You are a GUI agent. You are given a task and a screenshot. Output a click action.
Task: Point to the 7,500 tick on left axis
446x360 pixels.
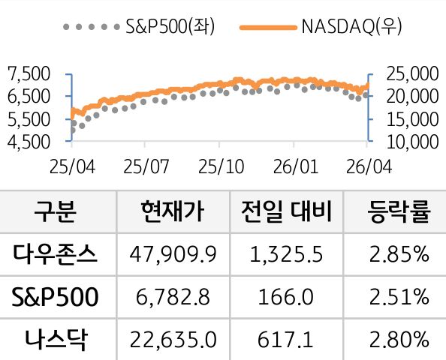point(27,73)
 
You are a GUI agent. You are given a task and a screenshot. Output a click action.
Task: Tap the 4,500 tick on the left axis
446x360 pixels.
point(27,140)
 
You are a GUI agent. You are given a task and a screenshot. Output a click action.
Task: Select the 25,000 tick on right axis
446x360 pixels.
point(409,73)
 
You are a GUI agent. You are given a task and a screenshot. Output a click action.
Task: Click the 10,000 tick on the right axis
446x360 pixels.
point(409,140)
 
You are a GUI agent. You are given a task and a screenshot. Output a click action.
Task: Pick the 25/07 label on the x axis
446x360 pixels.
point(145,165)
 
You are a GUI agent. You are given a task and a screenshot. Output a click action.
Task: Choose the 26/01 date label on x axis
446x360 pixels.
point(294,165)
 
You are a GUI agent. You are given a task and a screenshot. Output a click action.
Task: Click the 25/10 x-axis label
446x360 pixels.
point(220,165)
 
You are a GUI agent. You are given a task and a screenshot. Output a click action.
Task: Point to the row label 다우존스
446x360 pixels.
point(55,255)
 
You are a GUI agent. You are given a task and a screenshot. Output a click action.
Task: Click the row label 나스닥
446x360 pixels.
point(55,340)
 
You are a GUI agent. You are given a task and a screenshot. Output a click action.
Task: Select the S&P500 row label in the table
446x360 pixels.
point(55,298)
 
